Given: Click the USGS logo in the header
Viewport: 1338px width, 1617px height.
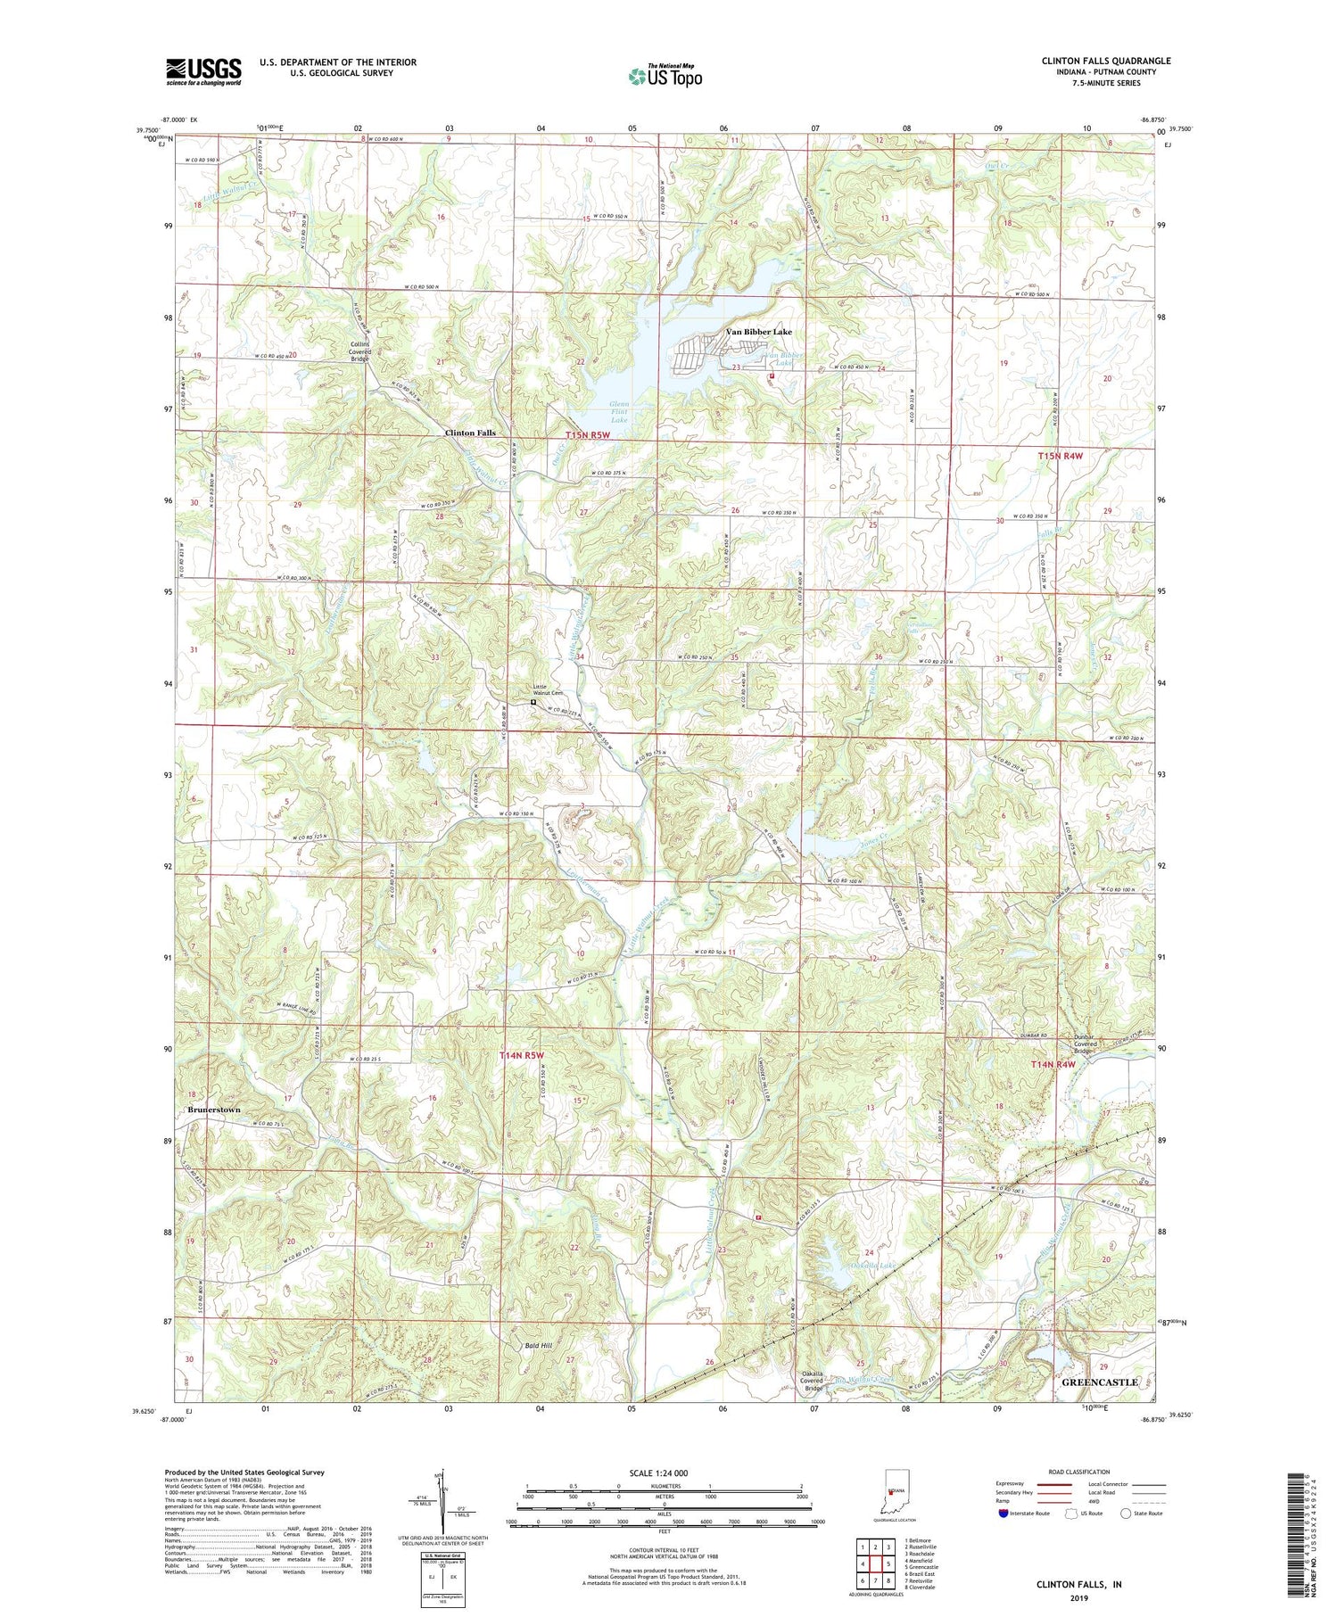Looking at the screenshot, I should (203, 71).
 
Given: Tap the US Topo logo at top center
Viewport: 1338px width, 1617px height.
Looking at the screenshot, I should (665, 76).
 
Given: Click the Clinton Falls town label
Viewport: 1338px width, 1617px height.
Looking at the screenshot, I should (470, 433).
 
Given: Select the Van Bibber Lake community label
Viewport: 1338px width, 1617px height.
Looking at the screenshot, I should (758, 332).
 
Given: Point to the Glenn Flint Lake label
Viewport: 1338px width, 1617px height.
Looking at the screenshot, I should (619, 412).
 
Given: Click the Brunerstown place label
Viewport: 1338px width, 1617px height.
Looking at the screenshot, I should (213, 1110).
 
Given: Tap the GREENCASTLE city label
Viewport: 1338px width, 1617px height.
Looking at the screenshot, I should (1099, 1382).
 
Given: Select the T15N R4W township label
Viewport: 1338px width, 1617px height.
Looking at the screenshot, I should (1059, 456).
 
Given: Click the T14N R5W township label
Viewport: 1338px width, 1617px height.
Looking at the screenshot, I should (521, 1056).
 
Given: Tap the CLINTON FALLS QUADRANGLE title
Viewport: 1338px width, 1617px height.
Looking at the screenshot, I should (1105, 61).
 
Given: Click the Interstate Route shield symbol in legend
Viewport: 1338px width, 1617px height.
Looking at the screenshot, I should (1003, 1513).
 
